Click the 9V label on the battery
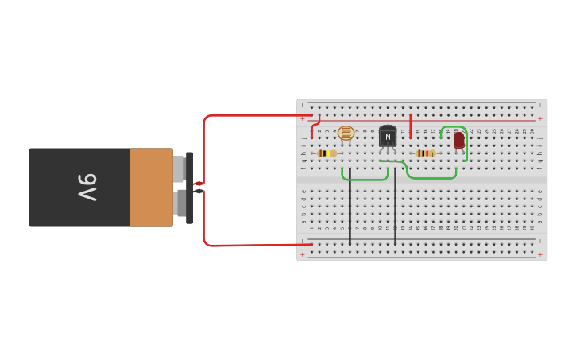87,188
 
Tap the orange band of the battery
151,188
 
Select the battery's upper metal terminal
179,168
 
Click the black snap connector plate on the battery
189,188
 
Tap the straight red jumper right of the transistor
410,126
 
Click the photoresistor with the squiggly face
346,133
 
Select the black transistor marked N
388,136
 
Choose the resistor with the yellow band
327,153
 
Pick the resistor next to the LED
425,153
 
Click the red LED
458,140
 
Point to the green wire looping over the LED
466,143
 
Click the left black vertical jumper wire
350,207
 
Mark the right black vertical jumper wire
395,207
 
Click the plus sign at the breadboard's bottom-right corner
539,254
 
